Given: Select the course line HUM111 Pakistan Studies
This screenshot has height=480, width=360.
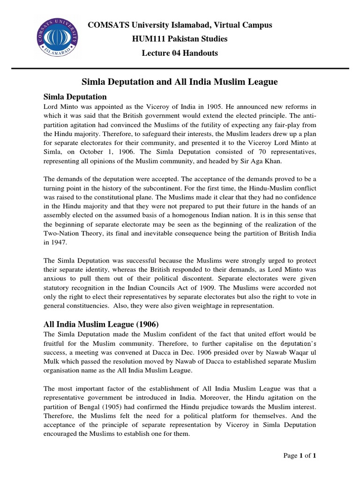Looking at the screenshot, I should [180, 38].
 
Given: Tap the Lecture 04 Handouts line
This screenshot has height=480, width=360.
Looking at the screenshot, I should [180, 53].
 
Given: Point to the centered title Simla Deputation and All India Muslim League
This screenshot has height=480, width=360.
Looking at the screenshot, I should [180, 82].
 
